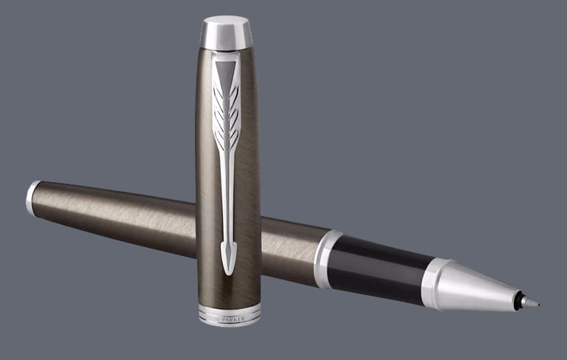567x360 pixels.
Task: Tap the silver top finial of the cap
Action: pyautogui.click(x=227, y=32)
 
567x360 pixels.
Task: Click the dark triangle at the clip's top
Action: pyautogui.click(x=226, y=72)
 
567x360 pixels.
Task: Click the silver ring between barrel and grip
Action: pyautogui.click(x=326, y=259)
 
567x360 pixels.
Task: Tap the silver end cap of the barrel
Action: pyautogui.click(x=32, y=198)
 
